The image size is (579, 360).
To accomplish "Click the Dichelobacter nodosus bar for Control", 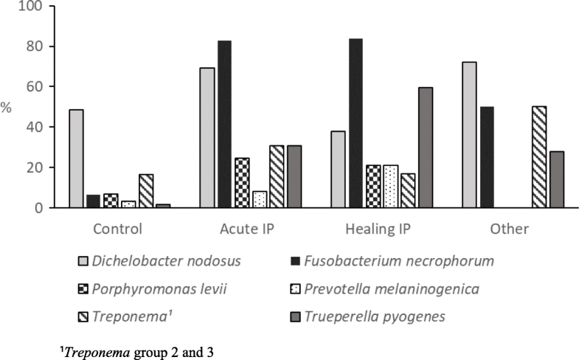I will pos(76,159).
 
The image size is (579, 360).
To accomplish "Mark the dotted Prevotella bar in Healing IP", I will pos(391,187).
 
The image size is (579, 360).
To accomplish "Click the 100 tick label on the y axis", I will pos(33,7).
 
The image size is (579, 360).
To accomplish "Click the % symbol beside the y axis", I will pos(6,108).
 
